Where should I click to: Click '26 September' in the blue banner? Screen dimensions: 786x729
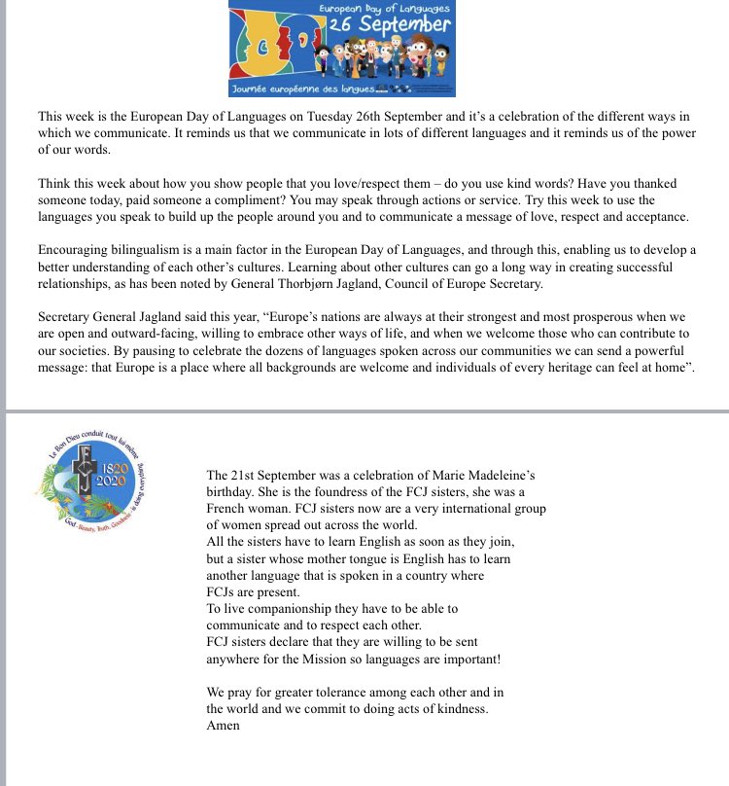coord(389,25)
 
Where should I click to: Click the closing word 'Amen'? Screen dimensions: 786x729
coord(223,725)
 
